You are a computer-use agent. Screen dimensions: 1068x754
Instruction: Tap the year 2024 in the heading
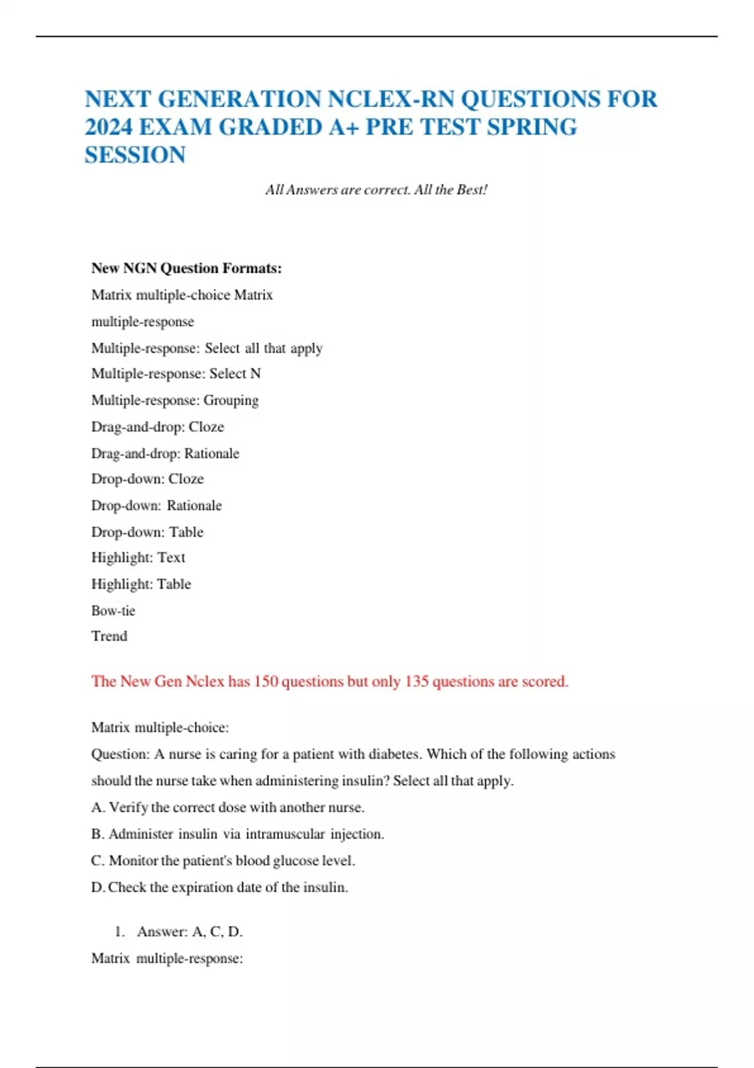[x=108, y=128]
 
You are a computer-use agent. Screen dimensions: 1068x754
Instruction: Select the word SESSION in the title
[x=135, y=155]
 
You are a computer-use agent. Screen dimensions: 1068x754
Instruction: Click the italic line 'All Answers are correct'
[x=376, y=190]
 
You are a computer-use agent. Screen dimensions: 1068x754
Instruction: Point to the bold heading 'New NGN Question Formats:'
[x=187, y=268]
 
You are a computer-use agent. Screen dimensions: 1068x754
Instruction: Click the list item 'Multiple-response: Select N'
[x=176, y=374]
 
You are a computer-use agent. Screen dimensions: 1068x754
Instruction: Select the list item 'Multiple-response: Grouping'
[x=175, y=400]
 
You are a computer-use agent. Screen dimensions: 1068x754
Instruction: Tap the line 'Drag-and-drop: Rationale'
[x=165, y=454]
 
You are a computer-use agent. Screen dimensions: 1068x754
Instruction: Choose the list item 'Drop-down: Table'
[x=147, y=532]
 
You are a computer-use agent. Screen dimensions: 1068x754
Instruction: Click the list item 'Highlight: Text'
[x=138, y=558]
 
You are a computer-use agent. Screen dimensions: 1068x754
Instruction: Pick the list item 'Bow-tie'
[x=113, y=611]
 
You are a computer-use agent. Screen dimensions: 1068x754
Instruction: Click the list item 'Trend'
[x=109, y=636]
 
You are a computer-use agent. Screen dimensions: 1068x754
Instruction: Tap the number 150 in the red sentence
[x=266, y=682]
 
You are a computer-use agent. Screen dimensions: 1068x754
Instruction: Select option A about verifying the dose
[x=227, y=807]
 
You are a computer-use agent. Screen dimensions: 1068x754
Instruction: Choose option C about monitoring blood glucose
[x=223, y=861]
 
